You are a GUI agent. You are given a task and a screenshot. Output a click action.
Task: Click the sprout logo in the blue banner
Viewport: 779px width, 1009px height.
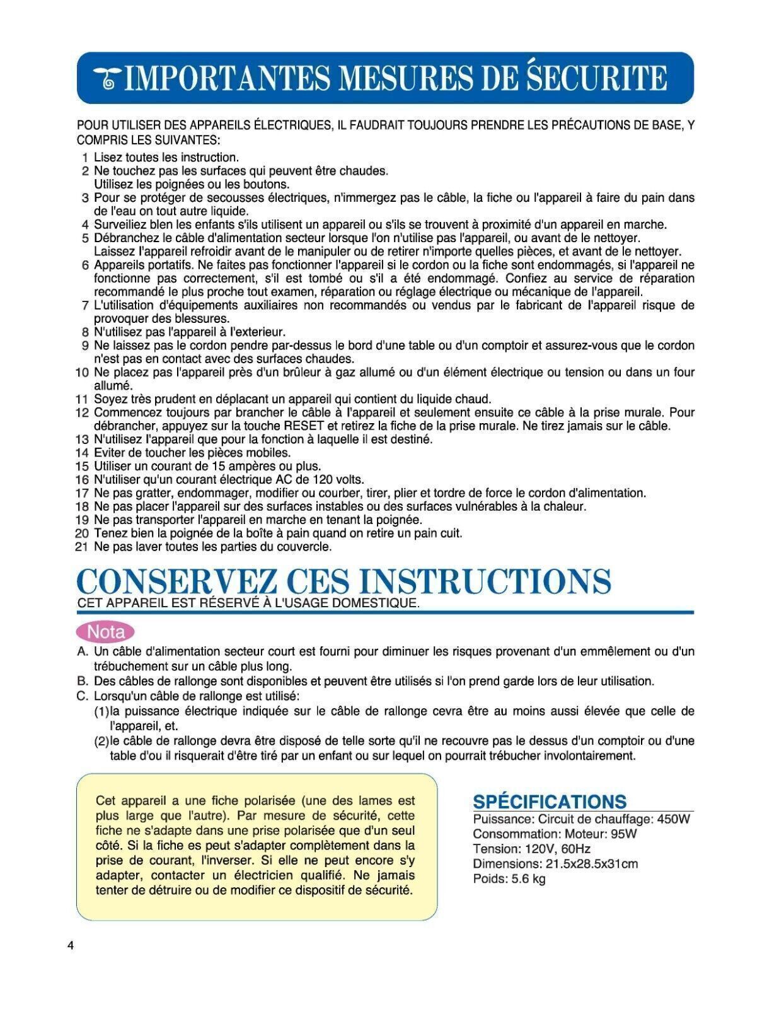pyautogui.click(x=108, y=79)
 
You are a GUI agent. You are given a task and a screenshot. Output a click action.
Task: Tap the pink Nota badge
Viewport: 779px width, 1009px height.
pyautogui.click(x=105, y=631)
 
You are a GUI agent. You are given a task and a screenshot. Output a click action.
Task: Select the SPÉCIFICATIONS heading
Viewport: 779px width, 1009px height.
pyautogui.click(x=550, y=802)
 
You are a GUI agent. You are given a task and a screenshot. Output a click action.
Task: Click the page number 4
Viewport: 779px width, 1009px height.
pyautogui.click(x=71, y=946)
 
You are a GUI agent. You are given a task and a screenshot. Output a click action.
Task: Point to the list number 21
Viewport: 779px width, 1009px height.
pyautogui.click(x=81, y=547)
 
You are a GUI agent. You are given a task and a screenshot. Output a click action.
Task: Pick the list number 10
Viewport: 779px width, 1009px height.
pyautogui.click(x=81, y=372)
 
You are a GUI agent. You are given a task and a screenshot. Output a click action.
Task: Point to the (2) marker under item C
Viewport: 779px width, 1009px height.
pyautogui.click(x=101, y=741)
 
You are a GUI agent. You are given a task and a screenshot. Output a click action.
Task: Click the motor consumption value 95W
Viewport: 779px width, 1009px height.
pyautogui.click(x=623, y=834)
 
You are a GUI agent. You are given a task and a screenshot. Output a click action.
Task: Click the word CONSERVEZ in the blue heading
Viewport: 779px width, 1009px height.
pyautogui.click(x=178, y=581)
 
